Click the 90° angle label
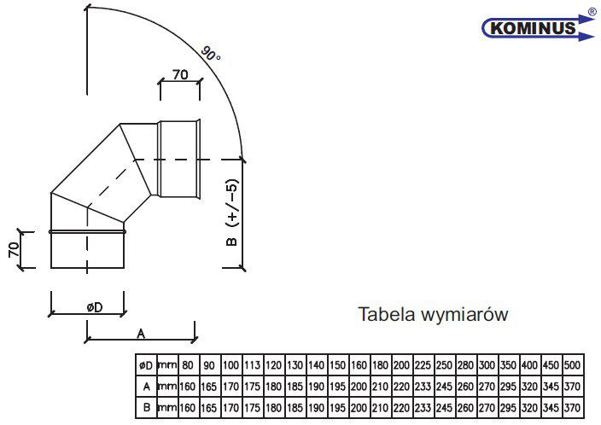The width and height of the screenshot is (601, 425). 211,54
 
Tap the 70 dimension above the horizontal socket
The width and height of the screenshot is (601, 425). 180,74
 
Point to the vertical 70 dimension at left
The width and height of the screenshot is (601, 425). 14,250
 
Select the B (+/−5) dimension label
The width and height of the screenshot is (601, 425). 232,212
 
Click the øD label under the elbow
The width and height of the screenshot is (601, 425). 95,307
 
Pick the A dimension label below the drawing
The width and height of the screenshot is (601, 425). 141,334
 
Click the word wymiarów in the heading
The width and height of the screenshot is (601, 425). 464,315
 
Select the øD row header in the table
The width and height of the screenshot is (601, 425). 146,365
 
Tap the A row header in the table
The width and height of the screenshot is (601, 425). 147,387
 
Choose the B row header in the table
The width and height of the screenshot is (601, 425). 147,408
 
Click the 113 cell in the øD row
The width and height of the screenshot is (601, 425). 252,365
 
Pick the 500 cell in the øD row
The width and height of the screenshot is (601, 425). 572,365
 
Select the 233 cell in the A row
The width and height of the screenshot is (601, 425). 423,387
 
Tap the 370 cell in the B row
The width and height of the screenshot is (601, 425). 572,408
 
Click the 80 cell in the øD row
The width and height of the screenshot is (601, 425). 188,365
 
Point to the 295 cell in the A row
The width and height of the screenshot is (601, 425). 508,387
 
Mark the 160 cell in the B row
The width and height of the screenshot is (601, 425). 188,408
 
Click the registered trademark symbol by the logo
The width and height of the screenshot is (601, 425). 592,12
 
